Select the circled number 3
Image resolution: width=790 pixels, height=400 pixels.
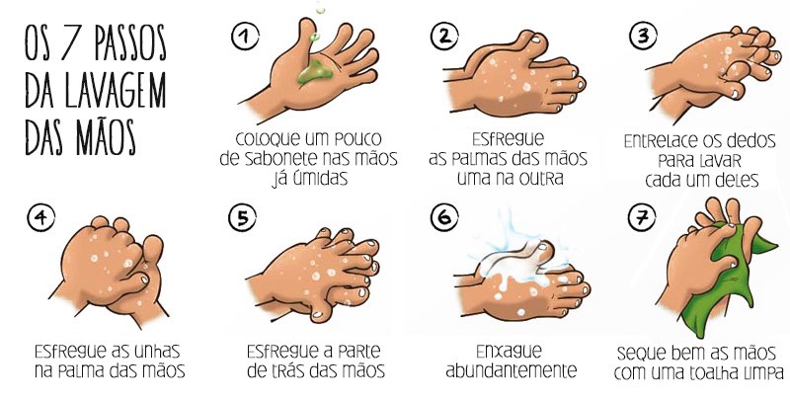(x=644, y=38)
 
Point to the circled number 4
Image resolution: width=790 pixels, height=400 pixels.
(x=41, y=219)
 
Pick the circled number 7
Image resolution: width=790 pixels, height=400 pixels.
(x=644, y=219)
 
